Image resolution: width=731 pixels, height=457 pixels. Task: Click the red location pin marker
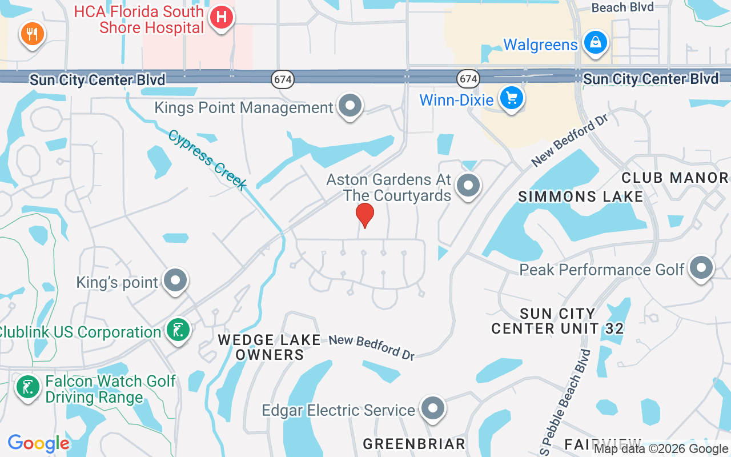[365, 215]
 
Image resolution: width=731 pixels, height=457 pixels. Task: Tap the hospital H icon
[221, 18]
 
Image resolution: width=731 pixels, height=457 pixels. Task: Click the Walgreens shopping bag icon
[596, 43]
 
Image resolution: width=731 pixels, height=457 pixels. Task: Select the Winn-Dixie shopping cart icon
[511, 98]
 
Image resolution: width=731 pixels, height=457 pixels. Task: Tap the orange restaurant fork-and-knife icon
[33, 34]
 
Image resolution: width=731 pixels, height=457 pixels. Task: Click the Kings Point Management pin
[350, 106]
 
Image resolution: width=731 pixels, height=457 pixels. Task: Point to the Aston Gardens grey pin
[469, 185]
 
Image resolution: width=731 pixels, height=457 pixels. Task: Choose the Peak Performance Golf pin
[701, 267]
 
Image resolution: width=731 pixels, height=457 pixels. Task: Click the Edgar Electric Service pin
[432, 408]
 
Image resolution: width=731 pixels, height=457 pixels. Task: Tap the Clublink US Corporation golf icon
[178, 330]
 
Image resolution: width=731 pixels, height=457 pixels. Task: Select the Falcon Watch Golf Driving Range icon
[27, 387]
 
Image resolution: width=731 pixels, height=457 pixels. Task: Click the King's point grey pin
[175, 280]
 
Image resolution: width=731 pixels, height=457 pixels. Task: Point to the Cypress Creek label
[207, 159]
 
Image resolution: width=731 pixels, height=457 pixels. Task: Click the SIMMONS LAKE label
[580, 197]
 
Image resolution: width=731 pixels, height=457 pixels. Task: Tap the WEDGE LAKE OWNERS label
[270, 347]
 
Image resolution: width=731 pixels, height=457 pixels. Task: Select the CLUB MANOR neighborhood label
[674, 178]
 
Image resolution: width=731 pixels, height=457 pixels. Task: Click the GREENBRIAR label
[414, 444]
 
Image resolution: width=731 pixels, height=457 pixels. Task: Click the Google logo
[38, 443]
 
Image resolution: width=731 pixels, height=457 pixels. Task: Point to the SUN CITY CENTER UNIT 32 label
[557, 321]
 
